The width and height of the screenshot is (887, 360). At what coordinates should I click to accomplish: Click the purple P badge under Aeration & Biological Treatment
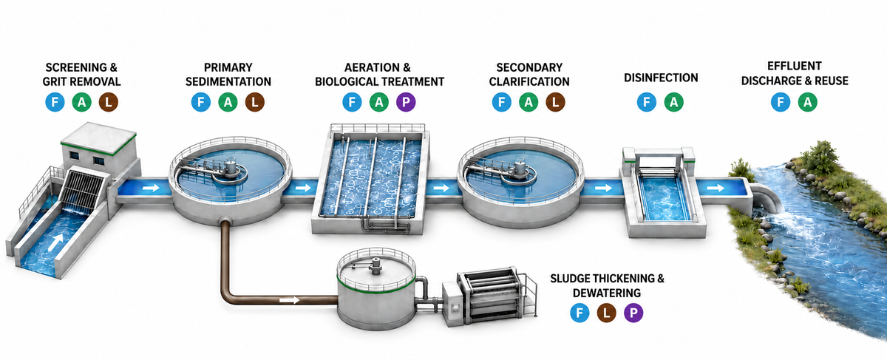pos(406,102)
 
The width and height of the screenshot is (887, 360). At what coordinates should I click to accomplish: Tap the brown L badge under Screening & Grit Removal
pos(109,102)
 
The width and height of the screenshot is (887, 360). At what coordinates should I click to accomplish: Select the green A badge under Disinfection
pos(673,102)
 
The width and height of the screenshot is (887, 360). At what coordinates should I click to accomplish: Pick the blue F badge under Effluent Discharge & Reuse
pos(781,102)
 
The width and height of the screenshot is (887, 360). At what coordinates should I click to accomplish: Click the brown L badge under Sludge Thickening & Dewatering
pos(606,313)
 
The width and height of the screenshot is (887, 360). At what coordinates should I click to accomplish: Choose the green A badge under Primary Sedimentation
pos(228,102)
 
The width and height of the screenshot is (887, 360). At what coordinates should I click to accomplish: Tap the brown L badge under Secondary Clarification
pos(556,102)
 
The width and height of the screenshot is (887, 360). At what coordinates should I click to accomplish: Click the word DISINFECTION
pos(661,78)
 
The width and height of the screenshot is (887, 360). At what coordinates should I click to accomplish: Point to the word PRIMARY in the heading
pos(228,67)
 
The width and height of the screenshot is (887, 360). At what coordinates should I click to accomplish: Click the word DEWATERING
pos(607,293)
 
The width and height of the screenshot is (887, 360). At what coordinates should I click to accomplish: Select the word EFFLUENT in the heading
pos(795,66)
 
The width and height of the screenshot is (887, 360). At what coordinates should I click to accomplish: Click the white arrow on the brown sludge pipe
pos(290,300)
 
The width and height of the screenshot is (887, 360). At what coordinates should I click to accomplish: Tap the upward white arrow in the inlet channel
pos(57,242)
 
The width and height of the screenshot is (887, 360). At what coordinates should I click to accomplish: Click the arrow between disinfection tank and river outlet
pos(716,187)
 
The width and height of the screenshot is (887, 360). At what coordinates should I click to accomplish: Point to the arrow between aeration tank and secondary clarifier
pos(441,187)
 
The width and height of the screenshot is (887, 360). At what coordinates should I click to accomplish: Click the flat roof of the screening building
pos(98,137)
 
